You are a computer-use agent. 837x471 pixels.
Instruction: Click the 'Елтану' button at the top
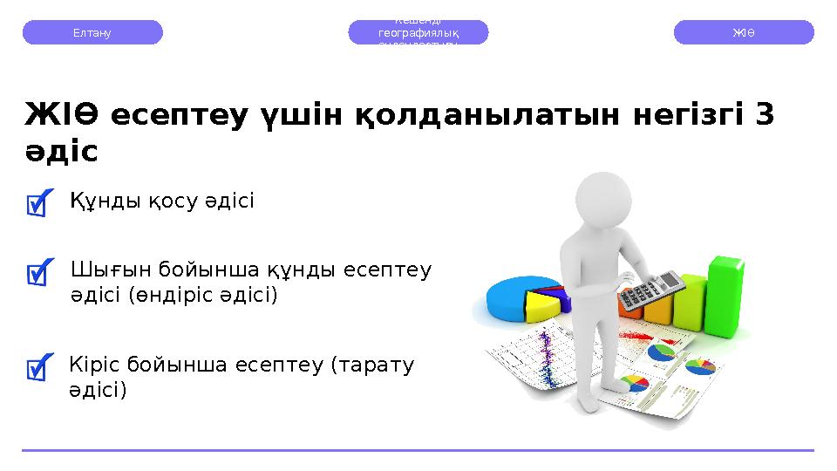point(92,32)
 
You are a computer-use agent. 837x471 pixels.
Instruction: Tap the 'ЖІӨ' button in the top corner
point(744,32)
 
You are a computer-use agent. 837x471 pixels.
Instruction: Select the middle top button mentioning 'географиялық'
point(418,32)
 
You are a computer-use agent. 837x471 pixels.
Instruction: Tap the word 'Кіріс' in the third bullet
point(94,364)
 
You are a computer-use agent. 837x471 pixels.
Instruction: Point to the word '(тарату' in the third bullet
point(372,364)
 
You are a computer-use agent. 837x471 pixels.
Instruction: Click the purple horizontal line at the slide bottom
point(418,450)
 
